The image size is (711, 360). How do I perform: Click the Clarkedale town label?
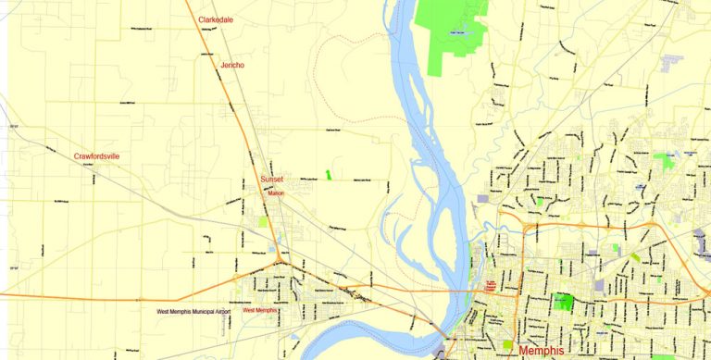coord(215,19)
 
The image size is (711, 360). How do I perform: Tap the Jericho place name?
coord(231,66)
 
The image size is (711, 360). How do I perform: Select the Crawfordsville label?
coord(96,156)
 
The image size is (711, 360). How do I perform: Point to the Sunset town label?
coord(272,179)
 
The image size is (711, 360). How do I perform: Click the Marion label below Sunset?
coord(276,193)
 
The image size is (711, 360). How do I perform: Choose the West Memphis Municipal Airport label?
coord(193,312)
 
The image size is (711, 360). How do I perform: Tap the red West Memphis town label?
coord(260,311)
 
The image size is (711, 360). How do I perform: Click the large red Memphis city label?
coord(553,352)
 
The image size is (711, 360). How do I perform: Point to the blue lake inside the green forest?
coord(456,33)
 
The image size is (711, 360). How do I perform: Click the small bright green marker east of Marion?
coord(328,175)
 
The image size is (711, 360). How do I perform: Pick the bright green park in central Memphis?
coord(563,302)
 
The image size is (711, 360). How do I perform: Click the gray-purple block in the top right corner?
coord(672,61)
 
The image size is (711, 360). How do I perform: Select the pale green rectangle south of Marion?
coord(264,222)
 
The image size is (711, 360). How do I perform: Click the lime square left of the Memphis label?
coord(507,344)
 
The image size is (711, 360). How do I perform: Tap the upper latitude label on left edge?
coord(13,126)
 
